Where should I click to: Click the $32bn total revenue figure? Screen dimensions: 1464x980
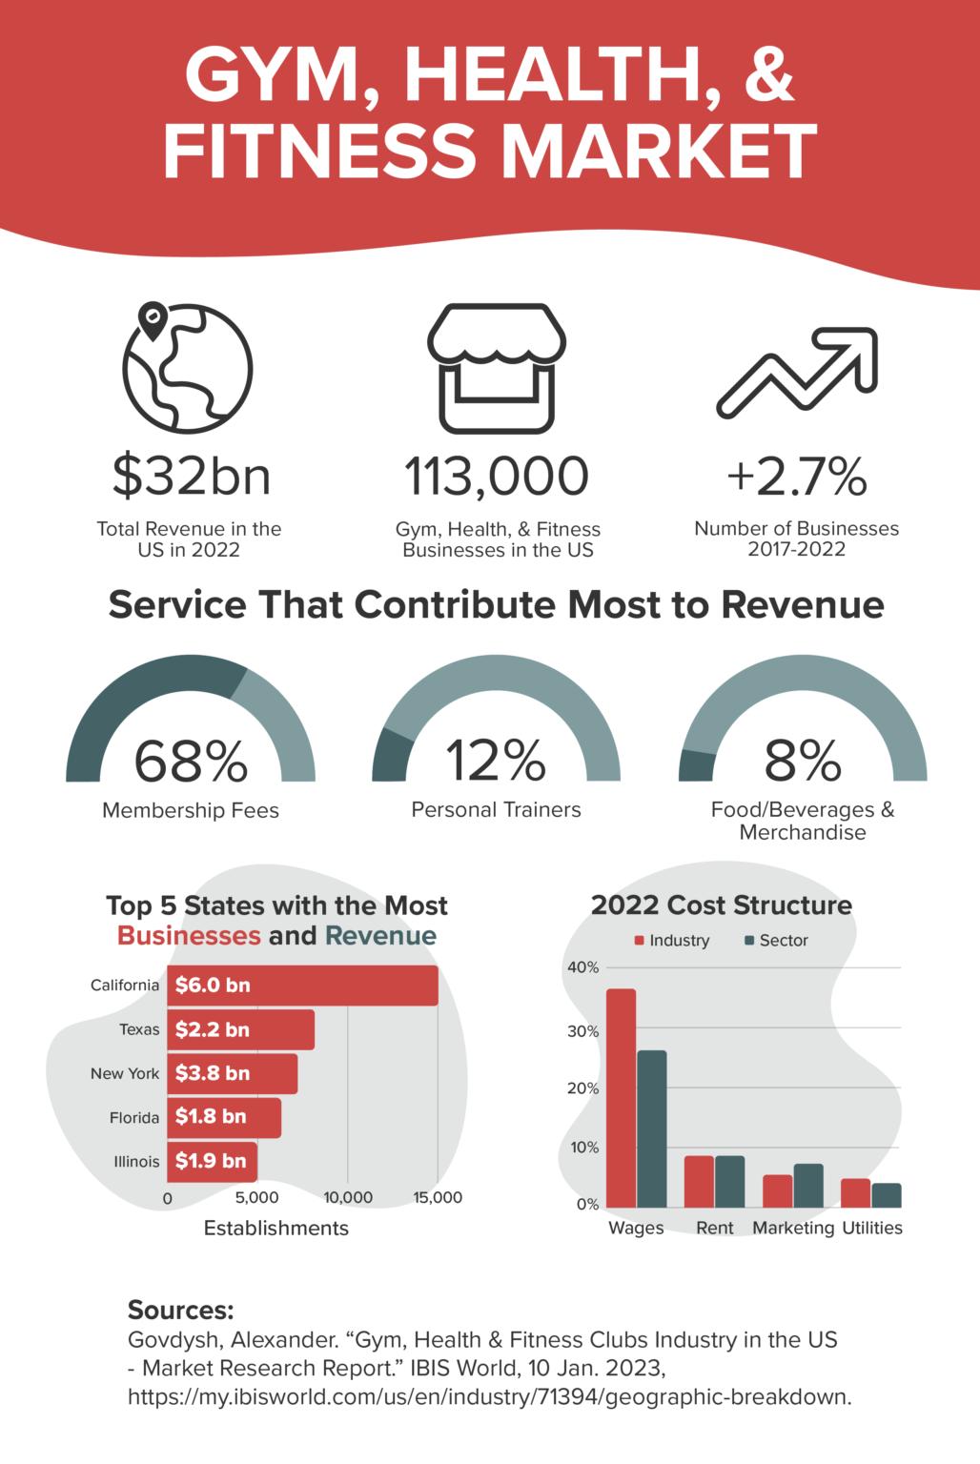coord(192,476)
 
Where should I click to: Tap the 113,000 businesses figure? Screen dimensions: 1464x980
coord(497,476)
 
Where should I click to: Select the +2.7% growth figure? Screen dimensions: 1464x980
coord(796,476)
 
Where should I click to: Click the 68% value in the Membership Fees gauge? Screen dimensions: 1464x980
coord(191,760)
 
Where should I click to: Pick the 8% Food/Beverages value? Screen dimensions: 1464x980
coord(803,760)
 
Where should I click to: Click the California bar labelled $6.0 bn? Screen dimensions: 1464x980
coord(302,986)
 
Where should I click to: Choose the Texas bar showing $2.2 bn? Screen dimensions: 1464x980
coord(240,1029)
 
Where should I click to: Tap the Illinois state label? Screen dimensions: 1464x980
coord(136,1162)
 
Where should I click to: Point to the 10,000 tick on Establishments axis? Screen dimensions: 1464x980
coord(348,1198)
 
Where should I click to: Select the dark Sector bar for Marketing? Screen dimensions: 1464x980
coord(808,1186)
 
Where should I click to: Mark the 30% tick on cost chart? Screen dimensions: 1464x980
coord(583,1031)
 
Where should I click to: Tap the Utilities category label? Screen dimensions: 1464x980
coord(871,1228)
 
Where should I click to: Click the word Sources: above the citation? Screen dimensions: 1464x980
coord(180,1309)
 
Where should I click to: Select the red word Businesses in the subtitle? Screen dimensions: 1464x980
coord(189,935)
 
